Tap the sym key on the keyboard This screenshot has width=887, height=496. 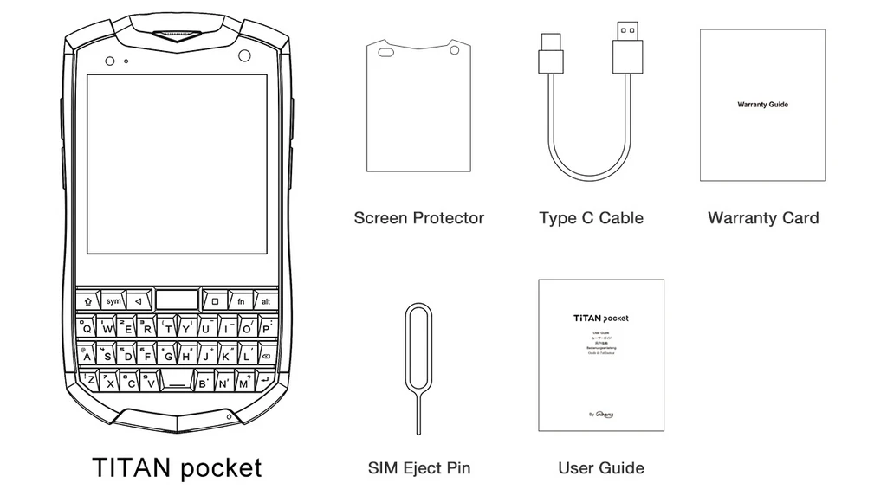(x=113, y=302)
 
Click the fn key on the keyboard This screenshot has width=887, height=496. (x=242, y=302)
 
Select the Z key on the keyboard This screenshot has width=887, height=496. (x=91, y=381)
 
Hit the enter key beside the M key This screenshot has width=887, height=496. (x=263, y=381)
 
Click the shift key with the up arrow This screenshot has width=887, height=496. (x=88, y=302)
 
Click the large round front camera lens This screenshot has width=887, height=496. (x=244, y=56)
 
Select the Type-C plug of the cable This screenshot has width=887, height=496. (x=552, y=54)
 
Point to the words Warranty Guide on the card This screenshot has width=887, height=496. (x=762, y=105)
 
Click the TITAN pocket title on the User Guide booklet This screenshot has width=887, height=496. (x=600, y=318)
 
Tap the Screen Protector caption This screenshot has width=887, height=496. (x=418, y=218)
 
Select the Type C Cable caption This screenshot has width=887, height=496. (x=591, y=218)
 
